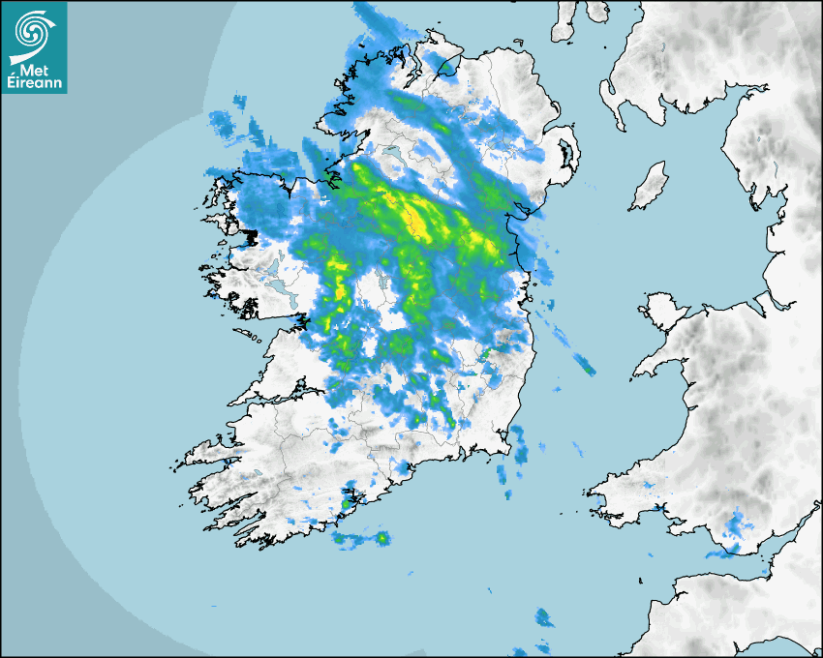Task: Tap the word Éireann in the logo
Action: [x=34, y=83]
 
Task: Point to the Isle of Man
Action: [x=650, y=186]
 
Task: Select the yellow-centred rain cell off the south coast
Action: [x=381, y=538]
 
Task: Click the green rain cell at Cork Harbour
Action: [x=346, y=503]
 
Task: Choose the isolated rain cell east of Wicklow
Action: [x=584, y=364]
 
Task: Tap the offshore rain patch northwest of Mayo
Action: [x=221, y=122]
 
